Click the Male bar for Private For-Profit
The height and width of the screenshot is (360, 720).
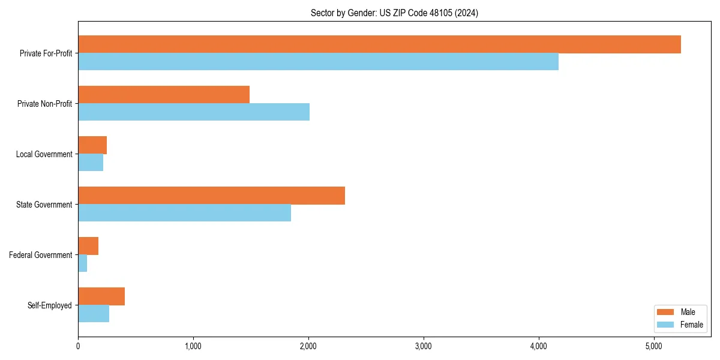click(x=379, y=44)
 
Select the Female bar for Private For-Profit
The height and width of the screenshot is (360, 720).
click(x=318, y=62)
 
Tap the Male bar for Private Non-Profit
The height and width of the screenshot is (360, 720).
click(x=164, y=95)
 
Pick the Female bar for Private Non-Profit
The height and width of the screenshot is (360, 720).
click(x=194, y=112)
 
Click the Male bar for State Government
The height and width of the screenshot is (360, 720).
click(x=211, y=196)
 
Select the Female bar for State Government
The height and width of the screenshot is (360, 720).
click(x=184, y=213)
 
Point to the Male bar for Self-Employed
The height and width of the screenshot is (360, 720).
click(x=101, y=296)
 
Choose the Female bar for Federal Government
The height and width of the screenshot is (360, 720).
click(x=83, y=263)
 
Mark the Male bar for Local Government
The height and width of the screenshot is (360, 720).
click(x=92, y=145)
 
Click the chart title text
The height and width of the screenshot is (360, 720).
click(x=394, y=13)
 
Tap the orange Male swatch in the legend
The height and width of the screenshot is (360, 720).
click(x=666, y=312)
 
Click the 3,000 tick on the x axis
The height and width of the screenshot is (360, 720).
click(x=424, y=346)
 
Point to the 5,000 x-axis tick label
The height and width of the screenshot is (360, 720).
click(x=654, y=346)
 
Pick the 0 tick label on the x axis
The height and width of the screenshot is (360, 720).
click(x=78, y=346)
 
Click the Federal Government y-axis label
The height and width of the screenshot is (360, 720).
click(x=41, y=255)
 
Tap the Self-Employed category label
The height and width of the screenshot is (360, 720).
click(x=50, y=305)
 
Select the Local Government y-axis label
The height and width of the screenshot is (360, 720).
click(x=44, y=154)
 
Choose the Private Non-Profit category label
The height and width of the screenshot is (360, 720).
click(x=45, y=104)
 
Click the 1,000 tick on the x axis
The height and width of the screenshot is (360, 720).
click(x=193, y=346)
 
